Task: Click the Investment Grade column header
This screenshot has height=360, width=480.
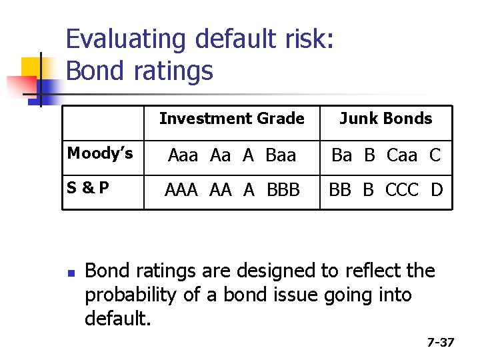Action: tap(231, 119)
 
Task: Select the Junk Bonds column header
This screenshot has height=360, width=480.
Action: tap(385, 119)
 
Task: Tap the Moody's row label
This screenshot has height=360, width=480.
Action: tap(100, 154)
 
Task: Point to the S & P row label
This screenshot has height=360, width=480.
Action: tap(88, 189)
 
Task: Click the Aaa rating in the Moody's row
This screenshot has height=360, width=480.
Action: tap(183, 155)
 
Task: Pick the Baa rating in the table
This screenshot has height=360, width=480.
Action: tap(280, 155)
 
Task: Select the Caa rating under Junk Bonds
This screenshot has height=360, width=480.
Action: tap(402, 155)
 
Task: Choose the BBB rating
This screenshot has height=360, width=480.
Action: tap(283, 190)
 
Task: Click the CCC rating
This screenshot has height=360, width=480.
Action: tap(402, 190)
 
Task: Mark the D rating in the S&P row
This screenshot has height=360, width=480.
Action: tap(437, 190)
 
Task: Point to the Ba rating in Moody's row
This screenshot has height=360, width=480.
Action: tap(341, 155)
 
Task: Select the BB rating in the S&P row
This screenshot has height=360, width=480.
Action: tap(340, 190)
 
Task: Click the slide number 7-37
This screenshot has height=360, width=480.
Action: tap(440, 343)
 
